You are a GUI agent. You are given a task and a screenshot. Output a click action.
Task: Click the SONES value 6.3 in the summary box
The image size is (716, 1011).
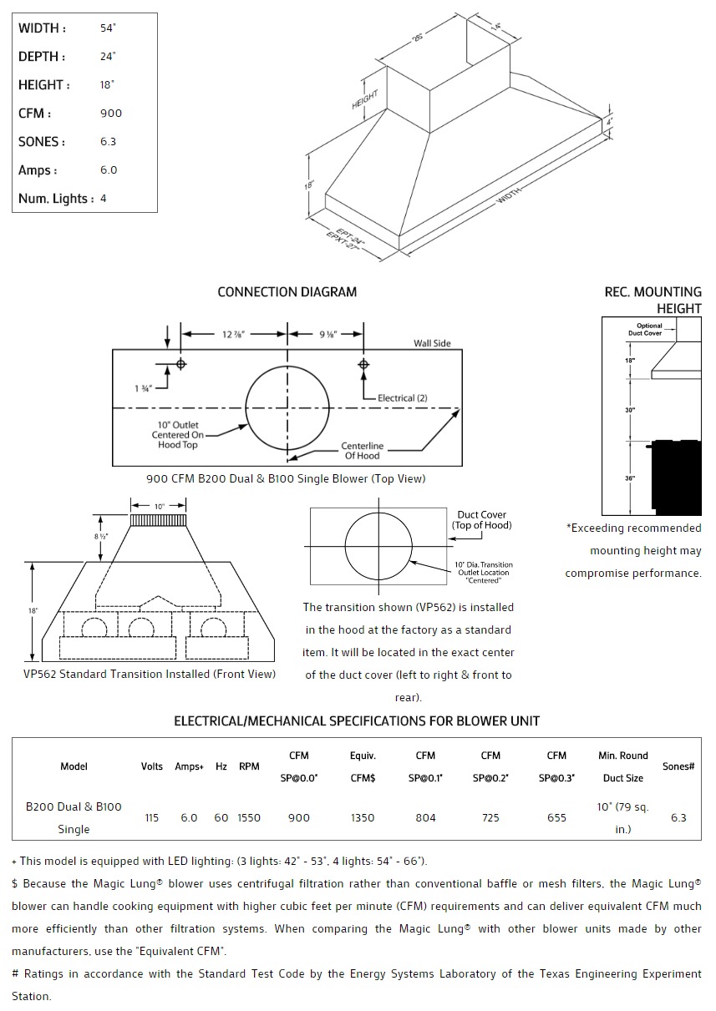[x=109, y=142]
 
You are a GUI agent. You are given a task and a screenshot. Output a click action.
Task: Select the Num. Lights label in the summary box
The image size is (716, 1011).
[x=56, y=199]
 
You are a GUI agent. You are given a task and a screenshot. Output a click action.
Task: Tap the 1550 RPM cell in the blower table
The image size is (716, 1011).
[x=249, y=818]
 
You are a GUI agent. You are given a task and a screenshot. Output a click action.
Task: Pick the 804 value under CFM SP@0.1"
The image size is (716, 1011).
[x=425, y=818]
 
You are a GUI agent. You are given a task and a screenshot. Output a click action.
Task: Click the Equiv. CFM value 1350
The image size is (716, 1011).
[x=363, y=818]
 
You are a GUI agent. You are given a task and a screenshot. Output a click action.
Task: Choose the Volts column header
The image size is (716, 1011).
[x=151, y=766]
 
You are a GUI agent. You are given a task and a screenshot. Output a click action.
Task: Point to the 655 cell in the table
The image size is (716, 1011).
[x=556, y=818]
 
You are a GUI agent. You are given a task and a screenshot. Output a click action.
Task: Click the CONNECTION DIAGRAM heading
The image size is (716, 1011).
[x=287, y=292]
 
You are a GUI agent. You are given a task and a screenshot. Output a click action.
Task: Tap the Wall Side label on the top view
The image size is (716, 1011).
[x=432, y=344]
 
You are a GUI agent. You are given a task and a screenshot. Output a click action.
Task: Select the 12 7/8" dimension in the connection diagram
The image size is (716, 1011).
[x=234, y=334]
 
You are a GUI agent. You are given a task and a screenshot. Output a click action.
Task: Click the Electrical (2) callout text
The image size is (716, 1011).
[x=402, y=398]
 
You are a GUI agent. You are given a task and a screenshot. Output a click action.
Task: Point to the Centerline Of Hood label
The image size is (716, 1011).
[x=362, y=451]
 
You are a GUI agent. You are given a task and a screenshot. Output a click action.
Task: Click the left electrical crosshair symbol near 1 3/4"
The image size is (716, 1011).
[x=180, y=364]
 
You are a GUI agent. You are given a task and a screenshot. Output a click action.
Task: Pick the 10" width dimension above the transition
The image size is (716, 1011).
[x=159, y=506]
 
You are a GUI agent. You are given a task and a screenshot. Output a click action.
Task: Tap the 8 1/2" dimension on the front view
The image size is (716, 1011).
[x=100, y=536]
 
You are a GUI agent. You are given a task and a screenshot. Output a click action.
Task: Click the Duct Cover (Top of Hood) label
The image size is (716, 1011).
[x=481, y=520]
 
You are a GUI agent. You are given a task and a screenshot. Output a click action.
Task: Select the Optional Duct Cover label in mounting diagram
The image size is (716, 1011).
[x=649, y=330]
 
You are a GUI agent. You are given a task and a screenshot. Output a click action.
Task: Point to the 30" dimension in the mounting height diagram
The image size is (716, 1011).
[x=629, y=410]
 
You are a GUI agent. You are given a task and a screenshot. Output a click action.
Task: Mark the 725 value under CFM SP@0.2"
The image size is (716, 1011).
[x=490, y=818]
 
